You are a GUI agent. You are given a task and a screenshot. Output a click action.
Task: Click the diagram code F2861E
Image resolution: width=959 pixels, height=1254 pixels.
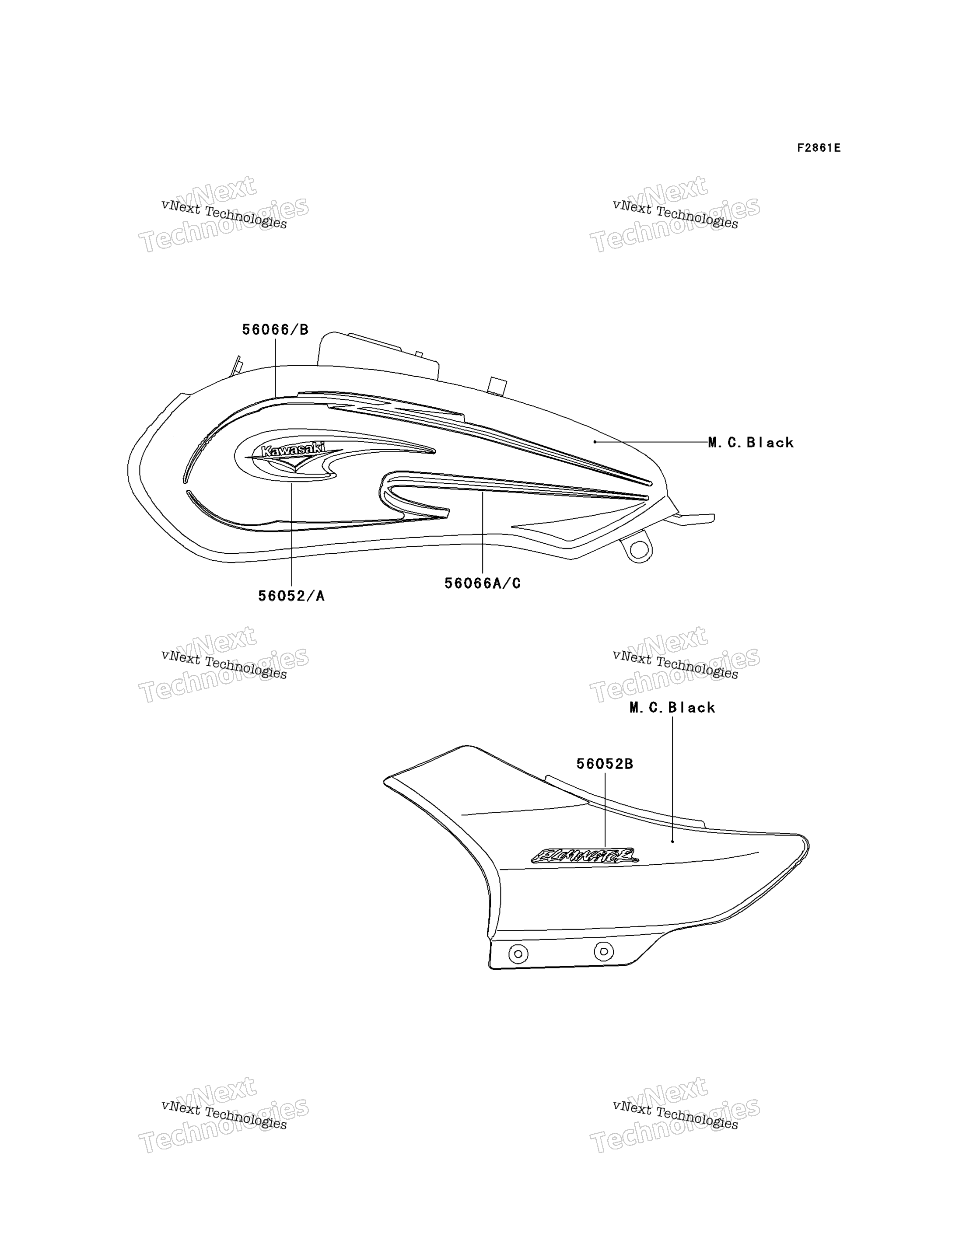click(x=819, y=148)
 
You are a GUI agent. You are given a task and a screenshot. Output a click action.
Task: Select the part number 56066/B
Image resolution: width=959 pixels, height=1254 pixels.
click(x=275, y=329)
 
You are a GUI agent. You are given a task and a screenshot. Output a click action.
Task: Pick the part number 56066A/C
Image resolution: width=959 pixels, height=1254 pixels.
click(x=483, y=583)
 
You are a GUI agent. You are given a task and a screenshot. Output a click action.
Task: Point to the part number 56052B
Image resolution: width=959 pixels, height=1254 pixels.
click(x=605, y=764)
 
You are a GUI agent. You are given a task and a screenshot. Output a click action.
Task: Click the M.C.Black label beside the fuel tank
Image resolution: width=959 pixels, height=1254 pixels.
click(x=751, y=442)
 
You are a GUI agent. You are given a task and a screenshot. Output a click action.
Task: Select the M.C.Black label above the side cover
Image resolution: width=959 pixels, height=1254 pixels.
click(x=672, y=708)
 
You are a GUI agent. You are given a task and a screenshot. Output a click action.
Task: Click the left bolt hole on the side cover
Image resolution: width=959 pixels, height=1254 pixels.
click(x=518, y=954)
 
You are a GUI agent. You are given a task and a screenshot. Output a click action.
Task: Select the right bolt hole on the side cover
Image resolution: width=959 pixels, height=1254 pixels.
click(x=604, y=951)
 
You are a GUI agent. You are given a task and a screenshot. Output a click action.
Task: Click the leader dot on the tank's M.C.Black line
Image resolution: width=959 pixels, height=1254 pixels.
click(x=595, y=442)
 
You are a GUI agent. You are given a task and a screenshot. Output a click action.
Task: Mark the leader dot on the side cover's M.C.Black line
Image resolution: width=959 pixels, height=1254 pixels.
click(x=672, y=842)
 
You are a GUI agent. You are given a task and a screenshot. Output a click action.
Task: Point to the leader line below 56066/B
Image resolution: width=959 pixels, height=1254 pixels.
click(x=275, y=367)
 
